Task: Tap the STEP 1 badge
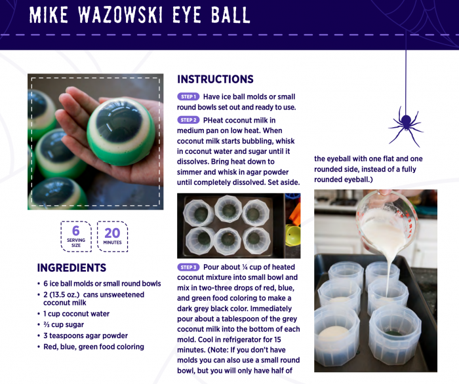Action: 188,96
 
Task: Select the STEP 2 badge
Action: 188,120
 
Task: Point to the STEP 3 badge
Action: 188,267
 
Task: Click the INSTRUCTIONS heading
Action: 215,79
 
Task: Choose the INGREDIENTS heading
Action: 71,268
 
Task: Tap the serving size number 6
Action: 76,231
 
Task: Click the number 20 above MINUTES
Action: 112,233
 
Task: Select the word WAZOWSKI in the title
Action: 120,14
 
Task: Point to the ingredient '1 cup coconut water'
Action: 77,314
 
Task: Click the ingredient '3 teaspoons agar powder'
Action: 85,336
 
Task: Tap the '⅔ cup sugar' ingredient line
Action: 64,324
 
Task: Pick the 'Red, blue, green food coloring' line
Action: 94,347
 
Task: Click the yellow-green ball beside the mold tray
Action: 292,235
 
